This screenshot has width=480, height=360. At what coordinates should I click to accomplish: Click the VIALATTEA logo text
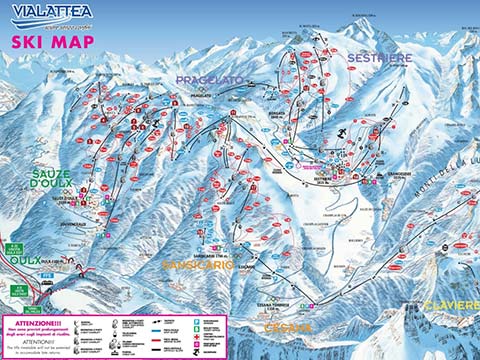click(49, 11)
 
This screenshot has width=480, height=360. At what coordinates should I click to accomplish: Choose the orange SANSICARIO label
click(197, 265)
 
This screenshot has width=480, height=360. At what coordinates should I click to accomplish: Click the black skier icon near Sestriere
click(341, 132)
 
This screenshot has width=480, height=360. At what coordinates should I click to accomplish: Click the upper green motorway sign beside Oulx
click(14, 247)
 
